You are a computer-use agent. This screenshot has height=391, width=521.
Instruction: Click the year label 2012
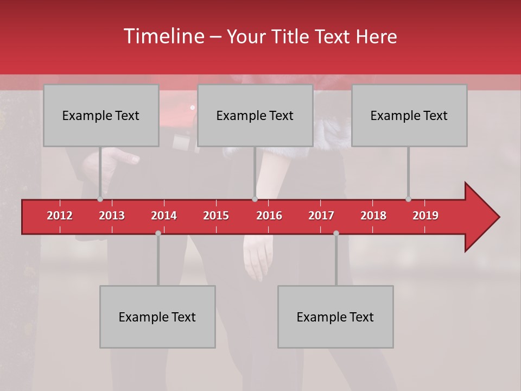pos(60,216)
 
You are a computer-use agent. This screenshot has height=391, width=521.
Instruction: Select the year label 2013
pos(112,216)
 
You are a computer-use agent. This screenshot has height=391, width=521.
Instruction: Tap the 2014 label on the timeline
pos(164,216)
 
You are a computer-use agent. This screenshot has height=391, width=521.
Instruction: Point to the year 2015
pos(216,216)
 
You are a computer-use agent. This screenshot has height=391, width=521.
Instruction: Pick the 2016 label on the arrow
pos(269,216)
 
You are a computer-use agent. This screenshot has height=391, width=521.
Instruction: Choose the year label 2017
pos(321,216)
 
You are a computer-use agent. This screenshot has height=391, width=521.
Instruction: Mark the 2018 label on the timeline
pos(373,216)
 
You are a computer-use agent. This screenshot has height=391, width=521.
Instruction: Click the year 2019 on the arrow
pos(425,216)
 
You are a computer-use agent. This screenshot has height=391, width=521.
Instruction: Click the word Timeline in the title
pos(163,36)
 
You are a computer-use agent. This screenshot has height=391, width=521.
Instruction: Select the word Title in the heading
pos(292,37)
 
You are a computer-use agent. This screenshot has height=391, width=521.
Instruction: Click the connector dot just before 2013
pos(100,199)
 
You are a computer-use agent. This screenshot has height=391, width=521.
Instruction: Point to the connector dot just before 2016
pos(255,199)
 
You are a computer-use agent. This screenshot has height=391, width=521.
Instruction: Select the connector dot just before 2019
pos(408,199)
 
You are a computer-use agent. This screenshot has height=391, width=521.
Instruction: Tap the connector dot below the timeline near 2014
pos(158,233)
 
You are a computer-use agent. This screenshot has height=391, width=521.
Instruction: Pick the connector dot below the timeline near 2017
pos(336,233)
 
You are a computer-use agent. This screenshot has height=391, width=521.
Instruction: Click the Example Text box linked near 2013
pos(101,116)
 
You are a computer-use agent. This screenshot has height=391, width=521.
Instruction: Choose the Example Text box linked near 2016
pos(255,116)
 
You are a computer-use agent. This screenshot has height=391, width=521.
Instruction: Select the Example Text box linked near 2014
pos(157,317)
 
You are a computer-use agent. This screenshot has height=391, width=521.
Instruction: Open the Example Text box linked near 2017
pos(335,317)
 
